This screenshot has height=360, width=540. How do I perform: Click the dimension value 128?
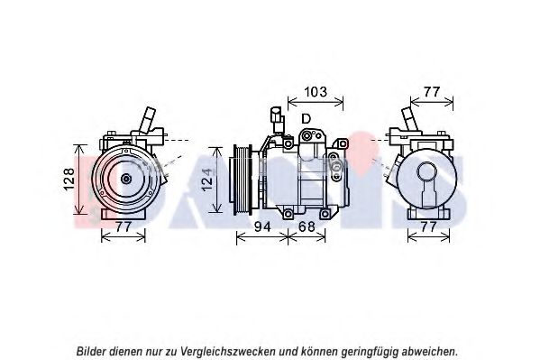click(69, 179)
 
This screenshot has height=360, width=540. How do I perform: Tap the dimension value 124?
click(206, 180)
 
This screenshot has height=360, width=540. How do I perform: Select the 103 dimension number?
click(316, 92)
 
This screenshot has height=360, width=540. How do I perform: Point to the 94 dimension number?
click(262, 226)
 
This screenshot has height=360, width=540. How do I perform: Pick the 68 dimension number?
click(307, 226)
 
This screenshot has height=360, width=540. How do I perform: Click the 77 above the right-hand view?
click(432, 92)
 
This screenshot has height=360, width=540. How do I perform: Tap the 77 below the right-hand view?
click(428, 226)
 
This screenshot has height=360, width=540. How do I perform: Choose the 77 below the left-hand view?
click(124, 226)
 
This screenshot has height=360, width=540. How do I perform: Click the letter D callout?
click(306, 119)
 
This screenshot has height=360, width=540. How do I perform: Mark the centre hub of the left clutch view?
click(126, 179)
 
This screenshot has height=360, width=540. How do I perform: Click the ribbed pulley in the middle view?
click(243, 180)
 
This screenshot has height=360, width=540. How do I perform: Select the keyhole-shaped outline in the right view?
click(426, 184)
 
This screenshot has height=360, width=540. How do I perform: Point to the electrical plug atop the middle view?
click(277, 119)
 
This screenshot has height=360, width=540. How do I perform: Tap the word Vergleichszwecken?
click(228, 352)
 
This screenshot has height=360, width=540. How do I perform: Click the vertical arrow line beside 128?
click(80, 180)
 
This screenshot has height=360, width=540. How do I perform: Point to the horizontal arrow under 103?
click(316, 101)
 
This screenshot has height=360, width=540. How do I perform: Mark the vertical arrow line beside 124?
click(217, 180)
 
